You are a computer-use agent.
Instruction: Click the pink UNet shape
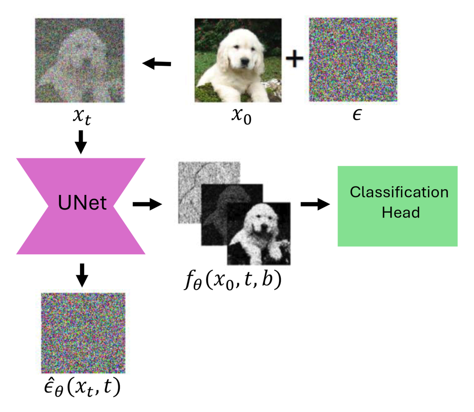click(81, 206)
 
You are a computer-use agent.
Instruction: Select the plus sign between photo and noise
click(294, 58)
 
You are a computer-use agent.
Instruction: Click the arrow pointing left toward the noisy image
click(157, 64)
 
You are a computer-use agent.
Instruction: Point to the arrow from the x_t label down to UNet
click(81, 142)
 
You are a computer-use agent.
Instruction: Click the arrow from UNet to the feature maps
click(147, 204)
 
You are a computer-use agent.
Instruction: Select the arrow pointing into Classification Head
click(315, 204)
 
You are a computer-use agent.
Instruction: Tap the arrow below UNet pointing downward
click(82, 275)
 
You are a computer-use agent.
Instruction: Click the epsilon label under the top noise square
click(357, 115)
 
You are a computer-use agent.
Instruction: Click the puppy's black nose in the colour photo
click(245, 62)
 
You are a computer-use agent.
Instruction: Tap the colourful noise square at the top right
click(353, 59)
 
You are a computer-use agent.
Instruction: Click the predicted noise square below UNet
click(83, 333)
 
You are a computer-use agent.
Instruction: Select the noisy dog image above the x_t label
click(80, 60)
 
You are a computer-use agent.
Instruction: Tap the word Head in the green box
click(401, 212)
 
